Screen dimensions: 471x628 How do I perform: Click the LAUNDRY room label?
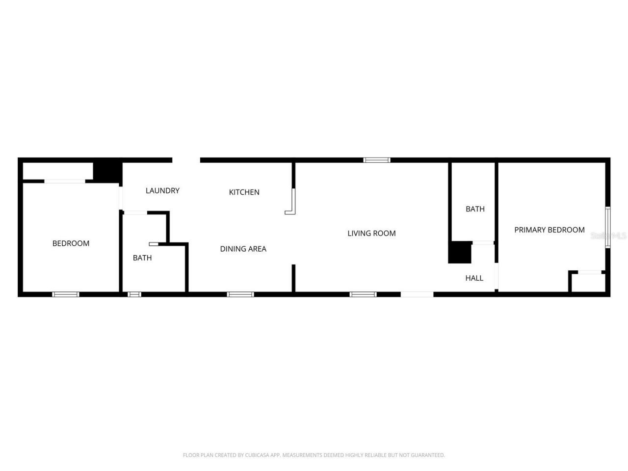(x=162, y=190)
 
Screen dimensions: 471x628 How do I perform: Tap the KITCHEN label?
(x=244, y=192)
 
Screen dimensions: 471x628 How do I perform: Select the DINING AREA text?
(x=243, y=249)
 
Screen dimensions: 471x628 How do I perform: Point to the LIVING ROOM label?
(x=371, y=233)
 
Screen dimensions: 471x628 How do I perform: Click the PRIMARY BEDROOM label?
(x=549, y=230)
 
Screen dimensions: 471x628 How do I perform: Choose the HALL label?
(x=474, y=278)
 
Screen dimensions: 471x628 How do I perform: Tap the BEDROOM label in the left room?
(x=71, y=243)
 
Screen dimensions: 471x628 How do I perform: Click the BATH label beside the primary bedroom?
(x=475, y=209)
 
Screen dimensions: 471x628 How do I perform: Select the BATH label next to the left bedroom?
(x=142, y=258)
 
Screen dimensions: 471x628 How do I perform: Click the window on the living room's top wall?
(x=377, y=160)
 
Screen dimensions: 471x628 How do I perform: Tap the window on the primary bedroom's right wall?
(x=607, y=227)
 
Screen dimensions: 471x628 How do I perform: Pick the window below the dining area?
(x=240, y=294)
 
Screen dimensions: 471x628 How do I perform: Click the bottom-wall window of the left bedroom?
(x=66, y=294)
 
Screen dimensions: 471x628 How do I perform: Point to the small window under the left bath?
(x=134, y=294)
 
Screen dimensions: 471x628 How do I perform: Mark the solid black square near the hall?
(x=460, y=253)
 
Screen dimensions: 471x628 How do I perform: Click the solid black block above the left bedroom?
(x=107, y=171)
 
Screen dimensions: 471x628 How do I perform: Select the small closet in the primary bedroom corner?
(x=588, y=282)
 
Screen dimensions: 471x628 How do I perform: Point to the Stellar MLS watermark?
(x=608, y=236)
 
